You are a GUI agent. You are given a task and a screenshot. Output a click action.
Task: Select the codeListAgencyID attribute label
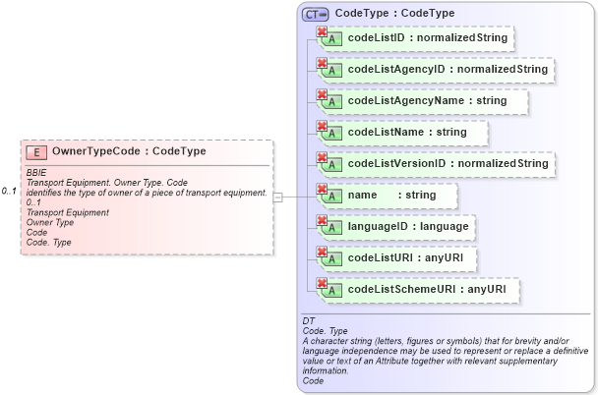pyautogui.click(x=448, y=70)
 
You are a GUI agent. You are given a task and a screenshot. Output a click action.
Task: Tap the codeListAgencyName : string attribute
pyautogui.click(x=427, y=101)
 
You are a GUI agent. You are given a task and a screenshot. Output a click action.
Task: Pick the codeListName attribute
pyautogui.click(x=407, y=132)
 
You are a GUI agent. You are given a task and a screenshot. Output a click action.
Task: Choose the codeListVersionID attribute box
pyautogui.click(x=448, y=163)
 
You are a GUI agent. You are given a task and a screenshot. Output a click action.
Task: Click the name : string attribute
pyautogui.click(x=391, y=195)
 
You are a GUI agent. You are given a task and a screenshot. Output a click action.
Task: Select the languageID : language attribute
pyautogui.click(x=407, y=226)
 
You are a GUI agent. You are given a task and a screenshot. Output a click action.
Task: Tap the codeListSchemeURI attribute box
pyautogui.click(x=427, y=289)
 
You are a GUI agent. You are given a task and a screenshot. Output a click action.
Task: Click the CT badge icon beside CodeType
pyautogui.click(x=316, y=14)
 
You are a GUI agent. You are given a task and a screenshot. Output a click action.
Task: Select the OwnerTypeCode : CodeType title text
pyautogui.click(x=129, y=152)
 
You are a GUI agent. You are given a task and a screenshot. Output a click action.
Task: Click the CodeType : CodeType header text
pyautogui.click(x=394, y=14)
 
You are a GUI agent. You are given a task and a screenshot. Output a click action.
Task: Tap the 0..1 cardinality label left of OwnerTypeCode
pyautogui.click(x=10, y=191)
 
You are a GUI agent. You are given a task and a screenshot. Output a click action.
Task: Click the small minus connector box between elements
pyautogui.click(x=278, y=197)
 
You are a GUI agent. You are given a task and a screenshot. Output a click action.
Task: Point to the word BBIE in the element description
pyautogui.click(x=36, y=173)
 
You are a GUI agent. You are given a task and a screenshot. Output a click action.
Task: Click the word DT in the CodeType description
pyautogui.click(x=309, y=321)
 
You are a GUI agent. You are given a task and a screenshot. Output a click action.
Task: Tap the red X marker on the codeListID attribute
pyautogui.click(x=321, y=32)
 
